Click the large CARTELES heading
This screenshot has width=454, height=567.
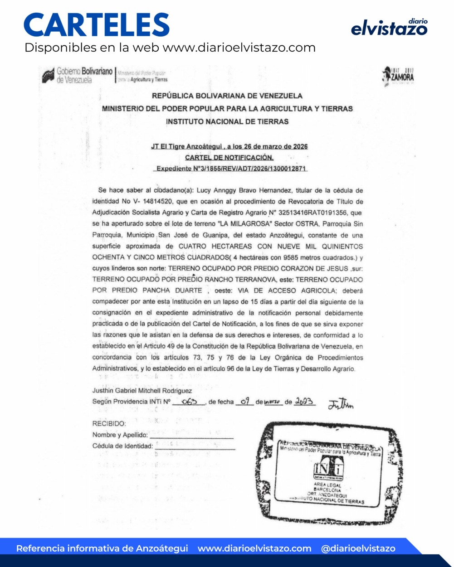coord(97,25)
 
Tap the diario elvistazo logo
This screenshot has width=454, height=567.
coord(389,28)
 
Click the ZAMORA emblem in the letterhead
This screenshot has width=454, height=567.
coord(398,76)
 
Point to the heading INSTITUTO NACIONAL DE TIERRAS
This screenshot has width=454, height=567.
coord(227,121)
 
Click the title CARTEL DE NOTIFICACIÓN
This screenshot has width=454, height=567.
coord(229,158)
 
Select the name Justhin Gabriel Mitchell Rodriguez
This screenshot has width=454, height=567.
coord(142,391)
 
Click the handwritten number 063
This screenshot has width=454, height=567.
coord(188,402)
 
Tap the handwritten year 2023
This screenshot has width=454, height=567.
coord(304,402)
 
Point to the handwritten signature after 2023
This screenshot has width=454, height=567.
coord(341,403)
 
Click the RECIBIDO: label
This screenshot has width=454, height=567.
coord(109,424)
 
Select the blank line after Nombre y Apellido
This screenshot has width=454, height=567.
coord(192,436)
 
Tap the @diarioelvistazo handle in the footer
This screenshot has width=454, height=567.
coord(358,548)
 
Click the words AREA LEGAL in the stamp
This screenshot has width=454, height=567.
coord(327,485)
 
